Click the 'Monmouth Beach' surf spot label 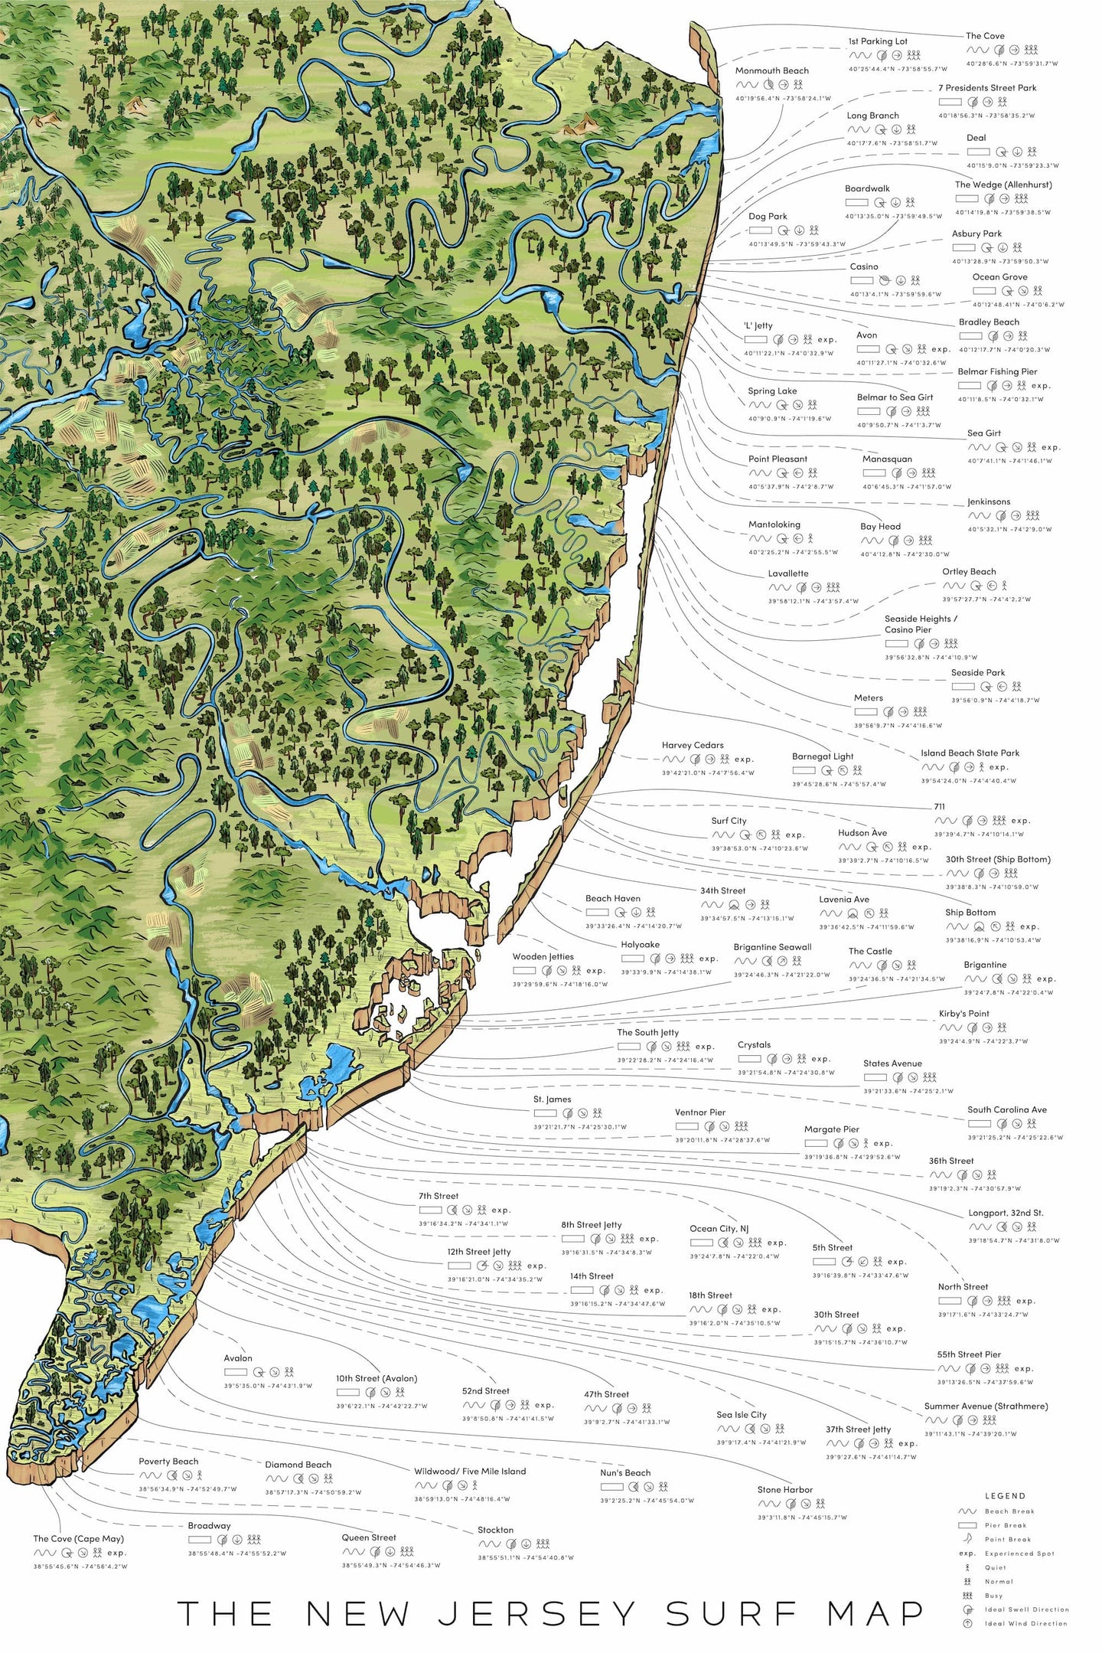[771, 70]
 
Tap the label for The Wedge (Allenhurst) [1003, 185]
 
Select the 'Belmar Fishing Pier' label [997, 371]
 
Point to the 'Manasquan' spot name [887, 459]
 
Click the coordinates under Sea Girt [1009, 461]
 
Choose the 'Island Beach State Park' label [970, 753]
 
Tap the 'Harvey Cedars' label [692, 745]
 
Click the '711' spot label [939, 806]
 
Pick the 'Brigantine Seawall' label [772, 947]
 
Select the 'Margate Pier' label [831, 1129]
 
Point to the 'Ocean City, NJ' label [719, 1229]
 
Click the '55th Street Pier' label [968, 1354]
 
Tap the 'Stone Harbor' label [784, 1490]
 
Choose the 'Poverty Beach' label [168, 1462]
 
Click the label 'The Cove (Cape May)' [78, 1539]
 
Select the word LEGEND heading [1005, 1496]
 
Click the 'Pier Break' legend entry [1004, 1525]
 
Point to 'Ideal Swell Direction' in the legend [1025, 1609]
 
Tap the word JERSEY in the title [536, 1614]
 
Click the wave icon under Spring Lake [759, 405]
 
